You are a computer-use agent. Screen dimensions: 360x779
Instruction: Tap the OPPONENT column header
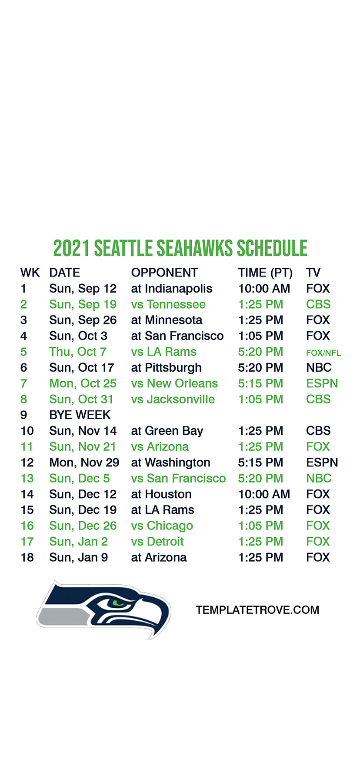pos(164,273)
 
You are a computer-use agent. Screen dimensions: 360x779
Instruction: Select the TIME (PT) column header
pos(265,273)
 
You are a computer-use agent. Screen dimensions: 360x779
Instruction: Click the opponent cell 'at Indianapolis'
pos(172,289)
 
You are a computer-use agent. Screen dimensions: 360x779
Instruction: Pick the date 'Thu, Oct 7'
pos(78,352)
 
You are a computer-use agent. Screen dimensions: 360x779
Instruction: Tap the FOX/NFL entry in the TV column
pos(323,353)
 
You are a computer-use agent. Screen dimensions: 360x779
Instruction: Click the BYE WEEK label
pos(80,415)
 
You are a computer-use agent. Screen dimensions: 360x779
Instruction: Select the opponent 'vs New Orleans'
pos(174,383)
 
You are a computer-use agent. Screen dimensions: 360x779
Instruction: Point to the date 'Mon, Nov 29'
pos(84,463)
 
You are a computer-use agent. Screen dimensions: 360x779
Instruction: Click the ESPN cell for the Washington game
pos(322,463)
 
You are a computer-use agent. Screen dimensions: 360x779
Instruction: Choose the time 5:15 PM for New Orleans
pos(260,383)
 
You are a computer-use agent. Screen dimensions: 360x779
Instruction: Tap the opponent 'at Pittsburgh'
pos(167,368)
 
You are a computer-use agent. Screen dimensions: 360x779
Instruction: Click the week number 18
pos(27,557)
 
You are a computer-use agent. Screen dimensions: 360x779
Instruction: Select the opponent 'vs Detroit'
pos(157,542)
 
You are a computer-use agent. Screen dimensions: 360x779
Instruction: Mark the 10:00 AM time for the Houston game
pos(264,494)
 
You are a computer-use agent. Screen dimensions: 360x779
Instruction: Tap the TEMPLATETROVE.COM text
pos(257,610)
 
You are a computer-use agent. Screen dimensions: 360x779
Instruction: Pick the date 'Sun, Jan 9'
pos(79,557)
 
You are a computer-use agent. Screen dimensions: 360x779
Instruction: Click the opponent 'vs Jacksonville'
pos(173,399)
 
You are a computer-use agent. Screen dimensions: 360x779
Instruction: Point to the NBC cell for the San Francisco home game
pos(319,479)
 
